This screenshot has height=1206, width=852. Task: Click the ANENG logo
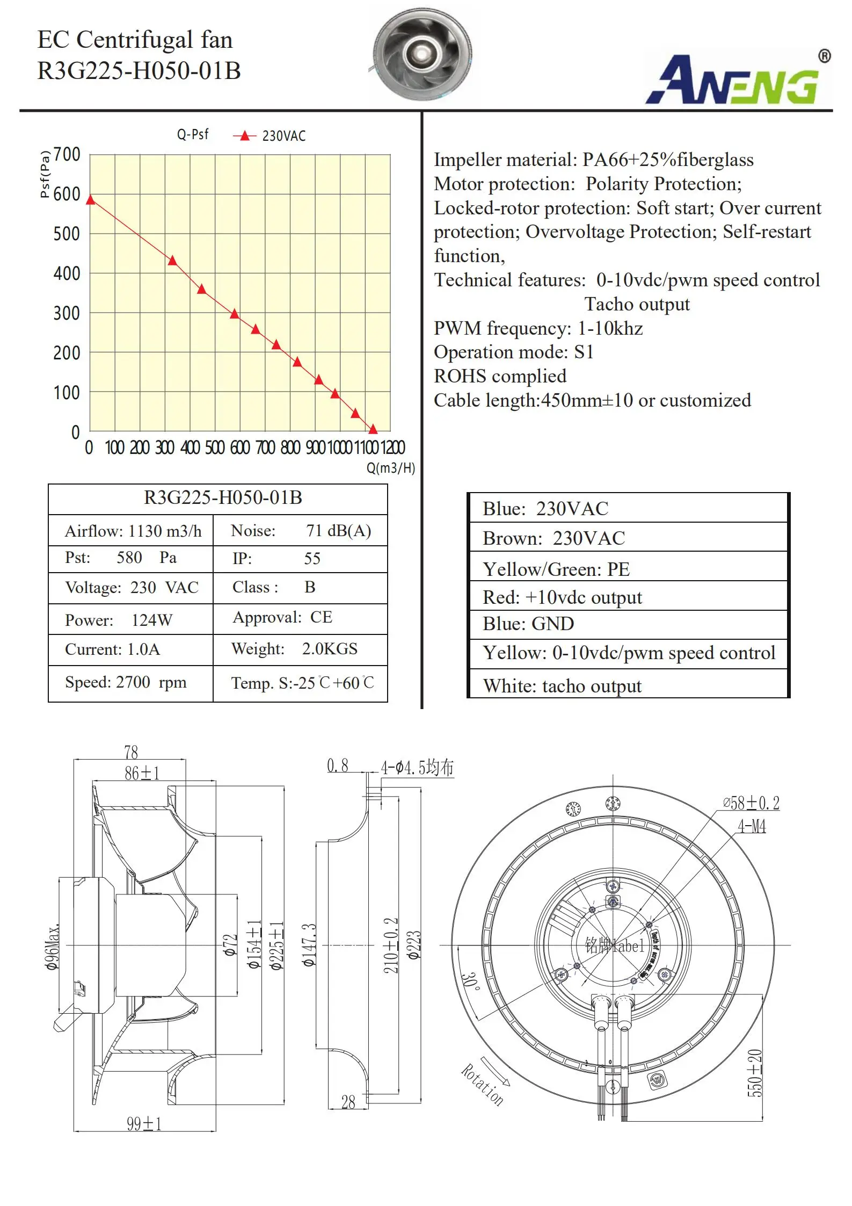pos(738,79)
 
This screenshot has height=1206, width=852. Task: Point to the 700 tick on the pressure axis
pos(67,155)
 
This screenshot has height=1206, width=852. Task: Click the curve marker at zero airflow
pos(91,200)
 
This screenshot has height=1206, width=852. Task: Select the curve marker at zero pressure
pos(373,429)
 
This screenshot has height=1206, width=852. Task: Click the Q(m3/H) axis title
pos(390,468)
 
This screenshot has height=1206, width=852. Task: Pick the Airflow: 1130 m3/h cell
pos(133,531)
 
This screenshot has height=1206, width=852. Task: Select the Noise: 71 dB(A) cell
pos(301,531)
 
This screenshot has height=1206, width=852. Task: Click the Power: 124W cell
pos(119,620)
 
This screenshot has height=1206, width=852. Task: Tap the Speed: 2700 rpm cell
pos(126,682)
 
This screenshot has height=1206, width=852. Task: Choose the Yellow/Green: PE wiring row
pos(556,569)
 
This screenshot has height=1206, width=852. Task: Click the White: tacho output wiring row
pos(562,686)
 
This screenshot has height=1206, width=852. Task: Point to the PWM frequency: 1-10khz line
pos(538,328)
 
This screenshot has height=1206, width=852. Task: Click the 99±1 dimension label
pos(144,1124)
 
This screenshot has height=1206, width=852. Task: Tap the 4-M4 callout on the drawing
pos(752,826)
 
